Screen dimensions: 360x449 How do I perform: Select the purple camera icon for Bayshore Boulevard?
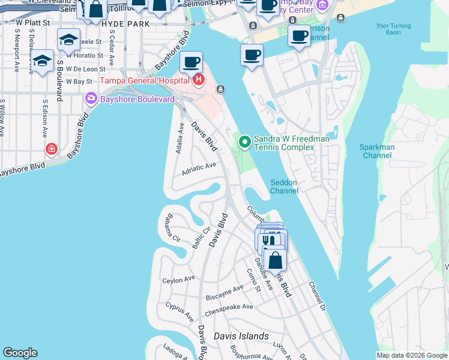coord(91,98)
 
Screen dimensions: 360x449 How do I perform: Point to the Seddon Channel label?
coord(284,187)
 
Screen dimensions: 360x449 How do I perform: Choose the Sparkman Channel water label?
coord(377,151)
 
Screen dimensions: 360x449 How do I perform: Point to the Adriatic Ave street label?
coord(199,170)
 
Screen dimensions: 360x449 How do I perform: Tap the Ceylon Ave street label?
coord(179,280)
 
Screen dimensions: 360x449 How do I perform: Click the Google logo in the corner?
coord(20,353)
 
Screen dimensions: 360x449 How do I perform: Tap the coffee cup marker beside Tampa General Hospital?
coord(191,62)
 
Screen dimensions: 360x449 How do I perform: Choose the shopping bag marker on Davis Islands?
coord(275,260)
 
